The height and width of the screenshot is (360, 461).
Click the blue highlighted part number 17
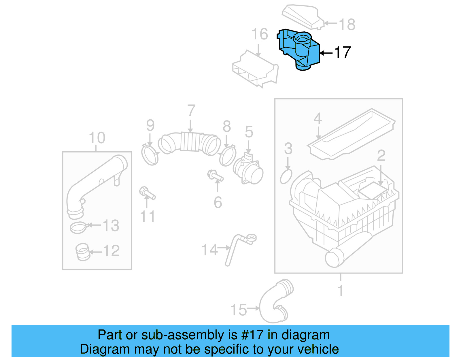coord(300,49)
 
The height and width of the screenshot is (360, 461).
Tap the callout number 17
coord(342,52)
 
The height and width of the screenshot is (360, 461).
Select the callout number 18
coord(347,24)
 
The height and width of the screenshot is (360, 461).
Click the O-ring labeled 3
coord(286,176)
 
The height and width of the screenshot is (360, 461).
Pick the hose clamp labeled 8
coord(228,156)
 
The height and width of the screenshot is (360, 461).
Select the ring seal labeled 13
coord(78,228)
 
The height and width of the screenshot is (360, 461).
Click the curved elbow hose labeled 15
coord(274,303)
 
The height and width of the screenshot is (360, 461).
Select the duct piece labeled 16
coord(255,69)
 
